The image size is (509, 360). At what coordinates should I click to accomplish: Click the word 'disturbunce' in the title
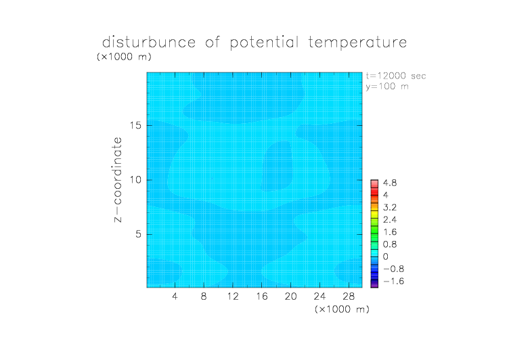(x=149, y=42)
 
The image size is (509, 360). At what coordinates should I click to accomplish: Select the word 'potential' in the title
(x=264, y=43)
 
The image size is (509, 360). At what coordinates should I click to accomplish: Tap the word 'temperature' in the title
(x=357, y=43)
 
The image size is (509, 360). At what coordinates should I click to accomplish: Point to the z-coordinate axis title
(x=118, y=179)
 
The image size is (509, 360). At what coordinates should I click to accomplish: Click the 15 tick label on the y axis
(x=135, y=126)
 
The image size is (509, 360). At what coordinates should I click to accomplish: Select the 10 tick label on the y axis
(x=135, y=180)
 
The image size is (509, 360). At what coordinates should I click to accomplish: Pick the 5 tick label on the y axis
(x=139, y=234)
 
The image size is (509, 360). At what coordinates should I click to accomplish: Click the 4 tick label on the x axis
(x=175, y=296)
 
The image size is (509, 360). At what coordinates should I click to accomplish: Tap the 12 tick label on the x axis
(x=233, y=296)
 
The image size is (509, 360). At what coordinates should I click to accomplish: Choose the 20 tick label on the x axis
(x=290, y=296)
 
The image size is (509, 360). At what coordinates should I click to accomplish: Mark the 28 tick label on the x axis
(x=349, y=296)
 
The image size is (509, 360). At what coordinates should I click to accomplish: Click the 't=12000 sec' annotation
(x=396, y=76)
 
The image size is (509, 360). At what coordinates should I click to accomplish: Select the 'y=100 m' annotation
(x=387, y=87)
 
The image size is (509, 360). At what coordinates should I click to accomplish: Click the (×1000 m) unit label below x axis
(x=342, y=309)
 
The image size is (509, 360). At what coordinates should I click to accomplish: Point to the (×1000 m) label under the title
(x=124, y=57)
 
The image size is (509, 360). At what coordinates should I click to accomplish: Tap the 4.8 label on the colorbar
(x=390, y=183)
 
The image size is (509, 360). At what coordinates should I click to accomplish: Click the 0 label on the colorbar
(x=386, y=256)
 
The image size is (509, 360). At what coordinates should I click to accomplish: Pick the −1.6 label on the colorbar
(x=393, y=281)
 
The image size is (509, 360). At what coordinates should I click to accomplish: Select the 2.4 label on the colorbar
(x=390, y=220)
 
